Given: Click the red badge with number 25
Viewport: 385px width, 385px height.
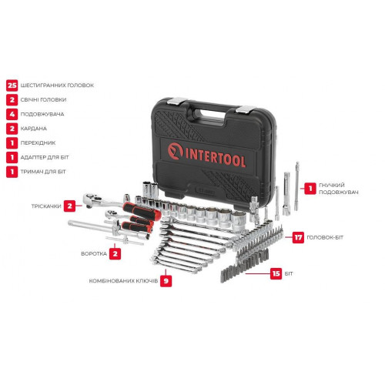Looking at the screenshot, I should point(12,85).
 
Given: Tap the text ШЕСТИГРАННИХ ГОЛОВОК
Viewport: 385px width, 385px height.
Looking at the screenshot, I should point(58,85).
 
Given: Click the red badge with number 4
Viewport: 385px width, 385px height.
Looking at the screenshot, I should point(12,114).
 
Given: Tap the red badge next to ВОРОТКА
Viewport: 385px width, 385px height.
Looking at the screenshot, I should point(114,252).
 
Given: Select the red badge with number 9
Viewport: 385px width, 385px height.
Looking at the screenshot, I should point(167,282).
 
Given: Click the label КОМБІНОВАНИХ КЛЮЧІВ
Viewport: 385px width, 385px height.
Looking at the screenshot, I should point(122,282).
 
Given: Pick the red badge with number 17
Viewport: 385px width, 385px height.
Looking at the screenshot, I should point(298,238).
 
